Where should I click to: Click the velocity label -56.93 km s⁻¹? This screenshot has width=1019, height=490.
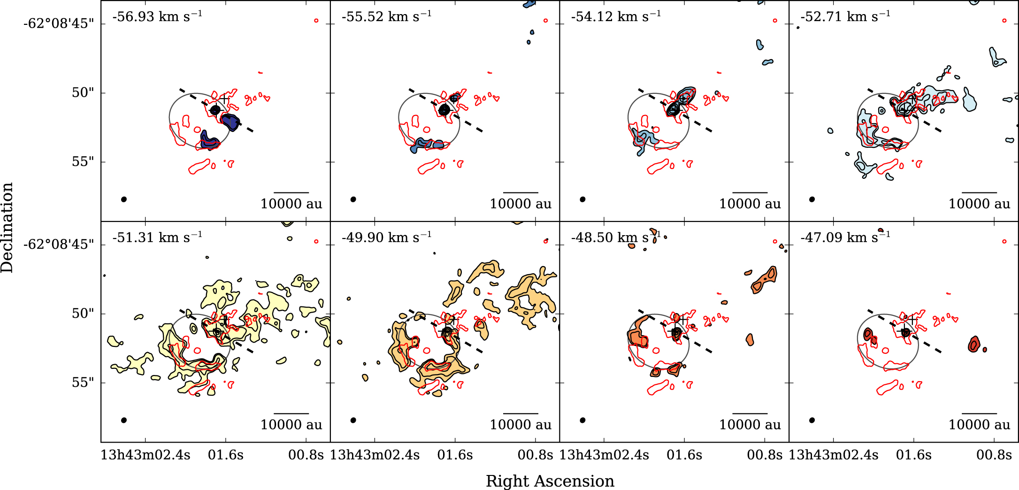tap(157, 17)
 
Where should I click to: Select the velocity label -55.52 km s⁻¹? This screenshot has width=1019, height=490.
tap(386, 17)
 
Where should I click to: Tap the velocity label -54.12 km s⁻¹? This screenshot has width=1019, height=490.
tap(616, 17)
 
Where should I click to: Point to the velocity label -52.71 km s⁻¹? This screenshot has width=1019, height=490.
tap(845, 17)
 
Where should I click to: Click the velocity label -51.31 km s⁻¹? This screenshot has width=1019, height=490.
tap(157, 237)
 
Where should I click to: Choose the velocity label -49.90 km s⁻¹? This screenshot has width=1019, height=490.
tap(386, 237)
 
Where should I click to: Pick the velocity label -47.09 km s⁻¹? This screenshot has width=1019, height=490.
tap(845, 237)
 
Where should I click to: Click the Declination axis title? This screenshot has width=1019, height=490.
tap(7, 228)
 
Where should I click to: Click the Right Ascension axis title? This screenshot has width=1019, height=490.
tap(550, 481)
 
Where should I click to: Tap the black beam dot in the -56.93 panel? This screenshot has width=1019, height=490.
tap(124, 199)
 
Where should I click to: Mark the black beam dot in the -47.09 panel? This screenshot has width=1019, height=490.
tap(812, 420)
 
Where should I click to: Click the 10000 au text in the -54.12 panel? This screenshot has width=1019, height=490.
tap(750, 204)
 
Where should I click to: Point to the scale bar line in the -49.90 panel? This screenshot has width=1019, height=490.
tap(521, 413)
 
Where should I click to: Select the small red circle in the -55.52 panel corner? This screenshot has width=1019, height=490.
tap(545, 21)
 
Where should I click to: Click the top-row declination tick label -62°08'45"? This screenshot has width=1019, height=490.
tap(59, 23)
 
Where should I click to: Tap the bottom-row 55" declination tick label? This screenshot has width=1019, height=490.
tap(83, 383)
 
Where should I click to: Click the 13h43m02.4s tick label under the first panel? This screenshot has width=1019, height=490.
tap(146, 455)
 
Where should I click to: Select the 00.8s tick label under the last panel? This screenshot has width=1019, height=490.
tap(994, 455)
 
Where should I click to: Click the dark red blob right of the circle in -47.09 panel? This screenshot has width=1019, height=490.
tap(974, 345)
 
